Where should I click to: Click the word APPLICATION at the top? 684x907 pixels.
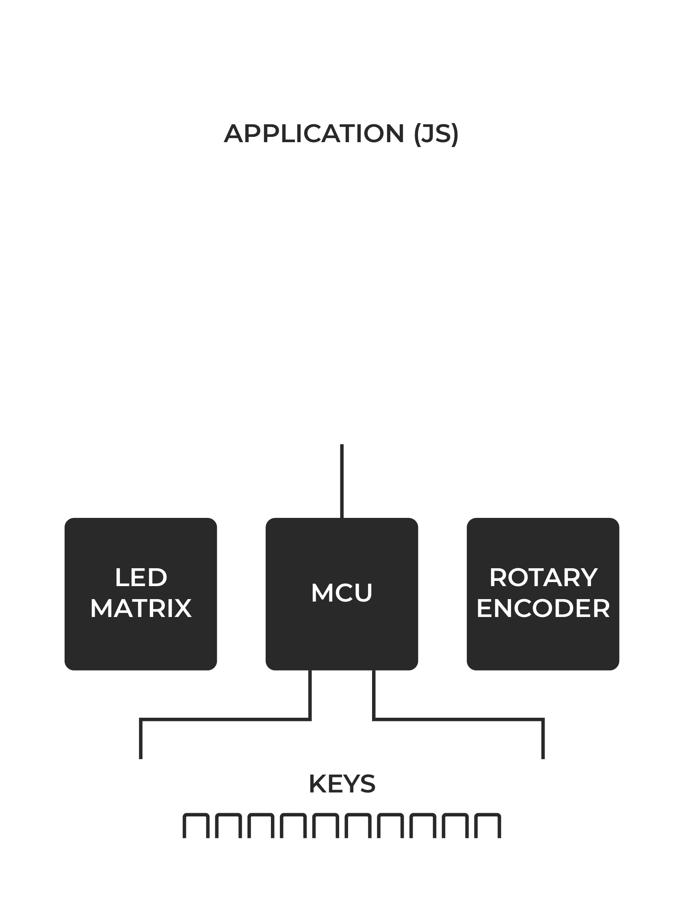314,134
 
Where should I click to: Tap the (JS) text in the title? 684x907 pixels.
436,134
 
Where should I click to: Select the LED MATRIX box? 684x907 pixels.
141,594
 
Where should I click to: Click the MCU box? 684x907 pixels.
342,594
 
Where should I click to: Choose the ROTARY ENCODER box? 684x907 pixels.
543,594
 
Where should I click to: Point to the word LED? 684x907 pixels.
141,578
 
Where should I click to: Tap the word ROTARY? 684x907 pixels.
543,578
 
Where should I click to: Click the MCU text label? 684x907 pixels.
342,593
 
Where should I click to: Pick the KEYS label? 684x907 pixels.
342,784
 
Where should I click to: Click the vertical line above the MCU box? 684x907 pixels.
342,481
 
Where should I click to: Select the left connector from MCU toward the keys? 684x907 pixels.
225,719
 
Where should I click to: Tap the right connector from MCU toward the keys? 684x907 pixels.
459,719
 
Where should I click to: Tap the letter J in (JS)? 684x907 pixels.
427,134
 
